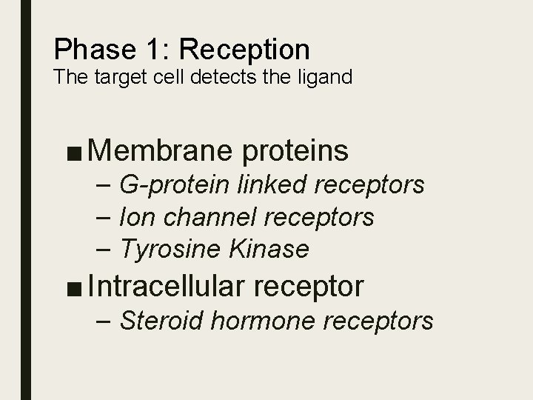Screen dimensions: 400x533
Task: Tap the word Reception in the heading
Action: pos(244,50)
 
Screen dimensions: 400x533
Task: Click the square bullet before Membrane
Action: pos(74,152)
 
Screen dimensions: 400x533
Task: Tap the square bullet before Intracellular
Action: pos(74,287)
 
